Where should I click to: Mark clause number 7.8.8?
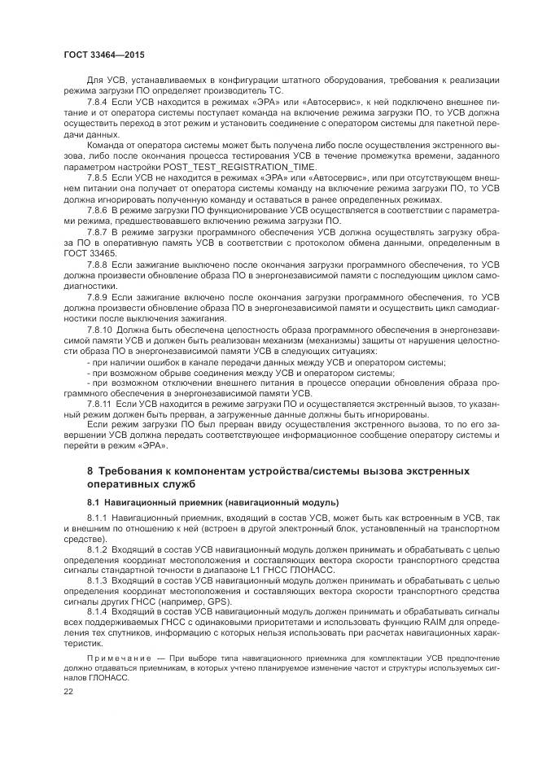click(97, 265)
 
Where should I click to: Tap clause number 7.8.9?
click(97, 297)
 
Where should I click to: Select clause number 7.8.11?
click(99, 404)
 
